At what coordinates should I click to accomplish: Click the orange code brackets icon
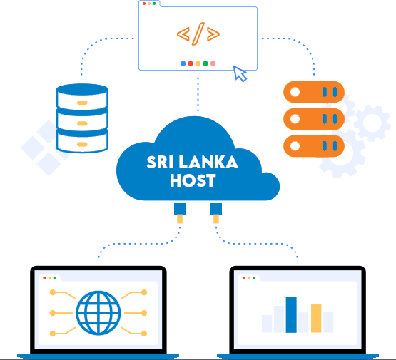198,34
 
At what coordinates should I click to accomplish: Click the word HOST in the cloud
193,180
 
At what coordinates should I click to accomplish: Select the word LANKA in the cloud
208,163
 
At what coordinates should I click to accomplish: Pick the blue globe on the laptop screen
98,313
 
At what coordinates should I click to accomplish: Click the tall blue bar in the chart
291,315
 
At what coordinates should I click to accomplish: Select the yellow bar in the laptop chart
316,319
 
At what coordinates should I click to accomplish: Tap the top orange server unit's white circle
295,92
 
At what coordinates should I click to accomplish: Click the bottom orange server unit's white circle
295,146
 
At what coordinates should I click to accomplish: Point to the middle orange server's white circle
295,119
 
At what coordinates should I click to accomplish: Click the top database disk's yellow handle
82,103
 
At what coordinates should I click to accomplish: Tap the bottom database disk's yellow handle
82,144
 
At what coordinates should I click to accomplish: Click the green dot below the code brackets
205,63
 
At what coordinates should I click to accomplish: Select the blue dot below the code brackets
183,63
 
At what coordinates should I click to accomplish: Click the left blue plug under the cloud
180,209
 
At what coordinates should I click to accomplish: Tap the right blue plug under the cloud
216,209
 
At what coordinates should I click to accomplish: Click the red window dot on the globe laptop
45,278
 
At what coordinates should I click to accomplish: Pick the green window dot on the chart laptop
254,278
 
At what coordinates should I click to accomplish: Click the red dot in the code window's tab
144,4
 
